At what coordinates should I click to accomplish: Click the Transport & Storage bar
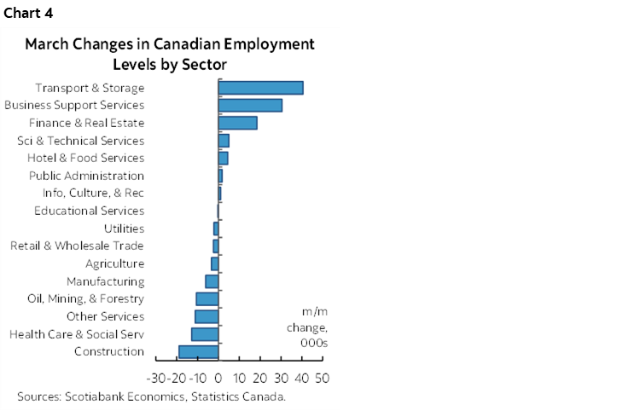261,88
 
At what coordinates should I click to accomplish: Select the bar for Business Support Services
250,105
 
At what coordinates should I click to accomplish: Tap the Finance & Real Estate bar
238,123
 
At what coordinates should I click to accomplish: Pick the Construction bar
199,351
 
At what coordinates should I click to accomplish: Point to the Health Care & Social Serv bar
205,333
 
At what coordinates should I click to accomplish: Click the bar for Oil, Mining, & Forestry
207,298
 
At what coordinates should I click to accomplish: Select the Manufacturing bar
212,281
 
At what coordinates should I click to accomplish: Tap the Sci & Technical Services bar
224,141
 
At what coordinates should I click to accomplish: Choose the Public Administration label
86,176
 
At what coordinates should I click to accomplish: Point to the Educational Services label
89,211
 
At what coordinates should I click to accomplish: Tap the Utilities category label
124,229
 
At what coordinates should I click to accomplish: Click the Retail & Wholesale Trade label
77,246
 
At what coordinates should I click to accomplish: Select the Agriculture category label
114,263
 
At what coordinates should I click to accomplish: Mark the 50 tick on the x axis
323,378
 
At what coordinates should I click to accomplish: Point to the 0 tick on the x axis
218,378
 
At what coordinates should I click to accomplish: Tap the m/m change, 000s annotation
315,327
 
